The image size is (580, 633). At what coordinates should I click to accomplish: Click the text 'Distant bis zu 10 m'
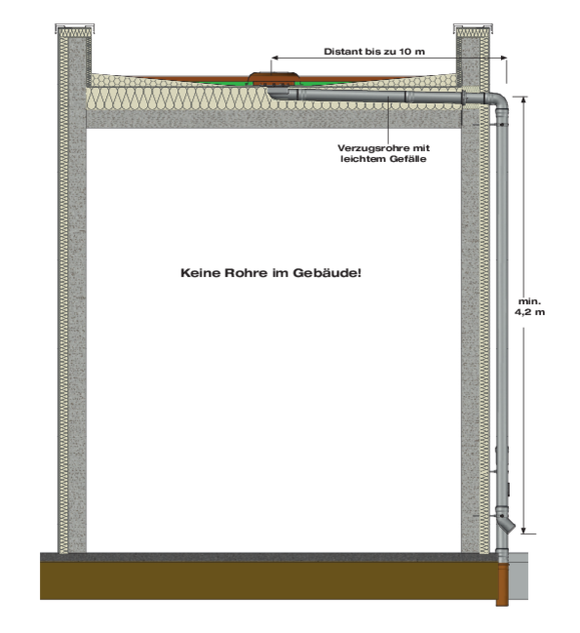(x=374, y=52)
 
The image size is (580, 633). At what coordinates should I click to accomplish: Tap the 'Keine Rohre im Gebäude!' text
(x=271, y=273)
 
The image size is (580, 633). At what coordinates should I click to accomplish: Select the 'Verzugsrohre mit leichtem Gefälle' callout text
(x=383, y=153)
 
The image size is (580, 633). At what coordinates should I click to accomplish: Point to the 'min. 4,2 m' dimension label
(x=529, y=307)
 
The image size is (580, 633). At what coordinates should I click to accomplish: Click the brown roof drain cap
(x=274, y=77)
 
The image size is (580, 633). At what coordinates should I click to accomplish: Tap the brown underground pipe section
(x=503, y=585)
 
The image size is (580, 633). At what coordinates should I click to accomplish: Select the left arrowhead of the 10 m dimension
(x=274, y=58)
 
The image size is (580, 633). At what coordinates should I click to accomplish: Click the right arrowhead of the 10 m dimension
(x=504, y=58)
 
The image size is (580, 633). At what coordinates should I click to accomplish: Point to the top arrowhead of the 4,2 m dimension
(x=523, y=99)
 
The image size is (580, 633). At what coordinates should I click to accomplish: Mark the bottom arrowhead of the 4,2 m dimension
(x=523, y=530)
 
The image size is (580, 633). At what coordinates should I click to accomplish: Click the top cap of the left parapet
(x=75, y=27)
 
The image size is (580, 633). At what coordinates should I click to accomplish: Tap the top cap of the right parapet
(x=473, y=27)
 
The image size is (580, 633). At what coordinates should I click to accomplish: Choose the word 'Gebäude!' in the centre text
(x=328, y=273)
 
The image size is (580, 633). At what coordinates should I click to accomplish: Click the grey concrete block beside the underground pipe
(x=519, y=576)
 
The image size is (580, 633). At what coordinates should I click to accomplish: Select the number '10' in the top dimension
(x=405, y=52)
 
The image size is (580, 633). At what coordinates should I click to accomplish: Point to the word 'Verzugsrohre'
(x=368, y=148)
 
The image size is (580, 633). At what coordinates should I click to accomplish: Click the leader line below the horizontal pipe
(x=388, y=120)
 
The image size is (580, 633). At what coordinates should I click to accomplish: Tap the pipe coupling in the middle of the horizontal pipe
(x=406, y=97)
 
